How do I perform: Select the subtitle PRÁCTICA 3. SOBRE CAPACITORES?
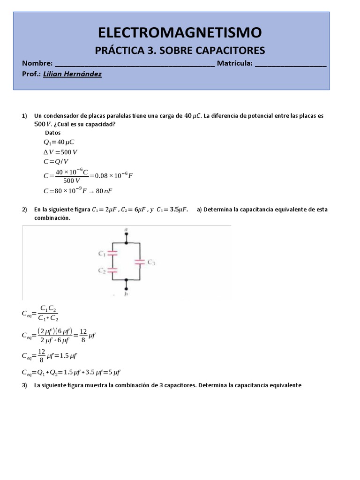point(180,50)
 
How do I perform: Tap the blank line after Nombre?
point(135,64)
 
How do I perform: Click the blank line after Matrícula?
point(291,64)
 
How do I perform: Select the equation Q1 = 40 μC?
point(59,142)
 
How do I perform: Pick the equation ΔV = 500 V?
point(60,152)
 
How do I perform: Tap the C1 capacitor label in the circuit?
point(101,253)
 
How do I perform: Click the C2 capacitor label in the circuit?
point(101,270)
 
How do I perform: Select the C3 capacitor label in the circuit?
point(151,262)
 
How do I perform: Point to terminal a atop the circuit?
point(126,230)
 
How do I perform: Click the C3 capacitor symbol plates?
point(140,262)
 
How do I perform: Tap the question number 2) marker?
point(25,210)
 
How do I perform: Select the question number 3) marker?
point(25,386)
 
